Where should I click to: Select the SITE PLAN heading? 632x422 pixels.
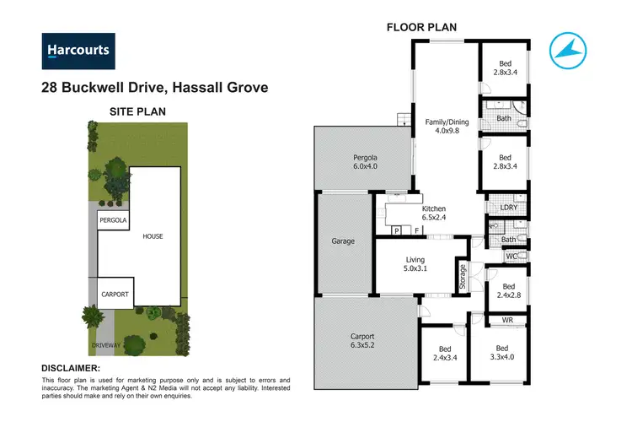(138, 111)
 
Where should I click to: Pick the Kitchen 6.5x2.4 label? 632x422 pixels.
(433, 213)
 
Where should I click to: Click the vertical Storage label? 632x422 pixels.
(462, 278)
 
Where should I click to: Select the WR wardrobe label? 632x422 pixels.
(507, 321)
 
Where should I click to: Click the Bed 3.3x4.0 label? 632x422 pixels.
(503, 353)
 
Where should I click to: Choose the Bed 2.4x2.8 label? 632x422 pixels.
(506, 290)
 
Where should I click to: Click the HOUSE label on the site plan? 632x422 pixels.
(153, 236)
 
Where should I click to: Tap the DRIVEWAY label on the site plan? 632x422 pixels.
(106, 345)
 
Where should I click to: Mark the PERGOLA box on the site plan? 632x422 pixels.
(112, 220)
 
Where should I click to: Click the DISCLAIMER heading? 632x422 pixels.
(71, 369)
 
